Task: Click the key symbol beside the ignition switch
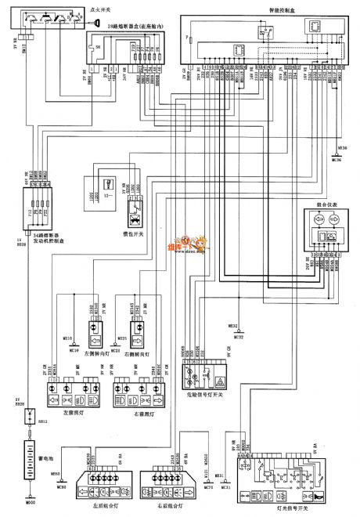97,23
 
